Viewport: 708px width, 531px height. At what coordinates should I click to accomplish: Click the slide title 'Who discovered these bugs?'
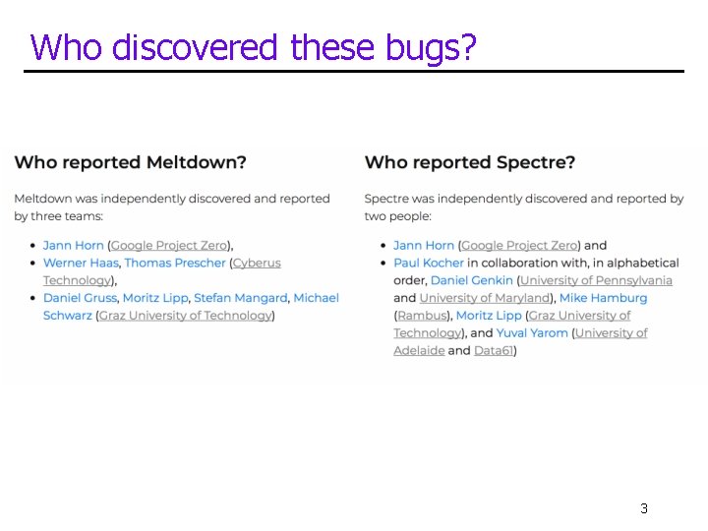pyautogui.click(x=254, y=46)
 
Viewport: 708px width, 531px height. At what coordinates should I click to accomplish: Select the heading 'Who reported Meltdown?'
pyautogui.click(x=130, y=162)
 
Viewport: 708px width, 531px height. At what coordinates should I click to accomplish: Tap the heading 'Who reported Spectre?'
pyautogui.click(x=470, y=162)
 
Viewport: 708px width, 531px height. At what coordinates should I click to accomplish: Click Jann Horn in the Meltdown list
pyautogui.click(x=73, y=245)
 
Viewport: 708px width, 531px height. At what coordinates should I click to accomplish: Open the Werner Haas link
pyautogui.click(x=82, y=263)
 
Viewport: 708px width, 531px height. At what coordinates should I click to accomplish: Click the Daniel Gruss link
pyautogui.click(x=80, y=298)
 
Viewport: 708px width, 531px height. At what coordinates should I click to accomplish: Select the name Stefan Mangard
pyautogui.click(x=240, y=298)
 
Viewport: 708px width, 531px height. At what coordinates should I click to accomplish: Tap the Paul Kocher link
pyautogui.click(x=428, y=263)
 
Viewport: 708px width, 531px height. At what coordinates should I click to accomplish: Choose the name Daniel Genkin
pyautogui.click(x=472, y=280)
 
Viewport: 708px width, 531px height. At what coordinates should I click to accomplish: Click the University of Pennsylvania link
pyautogui.click(x=596, y=280)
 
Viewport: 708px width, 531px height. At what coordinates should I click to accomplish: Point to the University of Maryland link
pyautogui.click(x=484, y=298)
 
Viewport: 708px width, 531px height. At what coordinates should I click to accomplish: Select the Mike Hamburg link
pyautogui.click(x=604, y=298)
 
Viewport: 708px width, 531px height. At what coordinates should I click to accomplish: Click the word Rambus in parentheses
pyautogui.click(x=424, y=316)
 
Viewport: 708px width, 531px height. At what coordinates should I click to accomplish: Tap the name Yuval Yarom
pyautogui.click(x=532, y=333)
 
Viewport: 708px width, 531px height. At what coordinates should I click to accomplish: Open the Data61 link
pyautogui.click(x=494, y=351)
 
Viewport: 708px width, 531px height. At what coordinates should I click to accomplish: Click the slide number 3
pyautogui.click(x=643, y=508)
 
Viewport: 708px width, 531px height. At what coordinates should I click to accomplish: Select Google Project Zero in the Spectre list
pyautogui.click(x=519, y=245)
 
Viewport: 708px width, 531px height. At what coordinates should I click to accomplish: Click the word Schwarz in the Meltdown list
pyautogui.click(x=67, y=316)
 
